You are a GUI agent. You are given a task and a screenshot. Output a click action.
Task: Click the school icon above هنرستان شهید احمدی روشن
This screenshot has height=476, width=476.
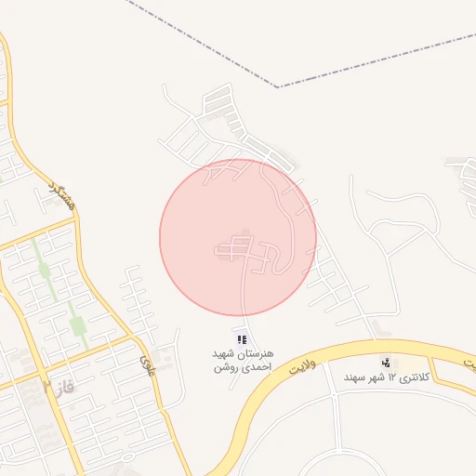(x=243, y=339)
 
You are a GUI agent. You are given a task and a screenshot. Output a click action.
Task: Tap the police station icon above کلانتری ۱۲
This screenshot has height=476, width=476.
(x=384, y=363)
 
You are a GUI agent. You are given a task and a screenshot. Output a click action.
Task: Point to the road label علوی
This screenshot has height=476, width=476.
(x=146, y=356)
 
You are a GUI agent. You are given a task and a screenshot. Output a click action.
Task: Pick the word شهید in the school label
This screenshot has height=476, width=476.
(x=224, y=355)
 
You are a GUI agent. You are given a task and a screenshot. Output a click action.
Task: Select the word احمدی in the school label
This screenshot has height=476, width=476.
(x=252, y=368)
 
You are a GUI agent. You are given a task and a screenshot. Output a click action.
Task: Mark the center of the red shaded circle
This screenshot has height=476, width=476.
(x=238, y=237)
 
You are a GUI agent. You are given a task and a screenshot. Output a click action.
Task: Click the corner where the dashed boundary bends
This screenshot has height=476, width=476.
(x=277, y=86)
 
